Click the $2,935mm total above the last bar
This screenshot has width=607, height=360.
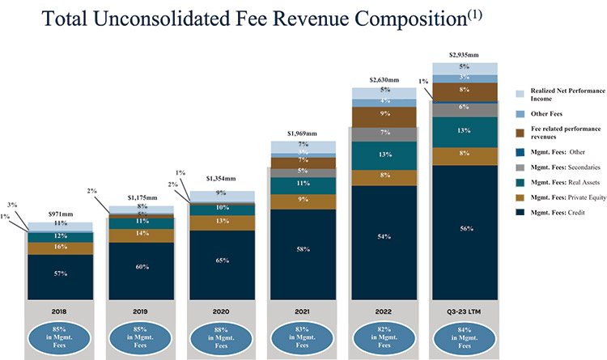pos(464,55)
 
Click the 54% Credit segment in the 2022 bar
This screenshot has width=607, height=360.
pos(384,236)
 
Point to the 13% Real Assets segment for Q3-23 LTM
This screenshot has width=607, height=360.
pos(464,131)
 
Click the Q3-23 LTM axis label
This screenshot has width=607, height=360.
pos(464,311)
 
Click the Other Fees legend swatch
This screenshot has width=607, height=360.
pos(523,114)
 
